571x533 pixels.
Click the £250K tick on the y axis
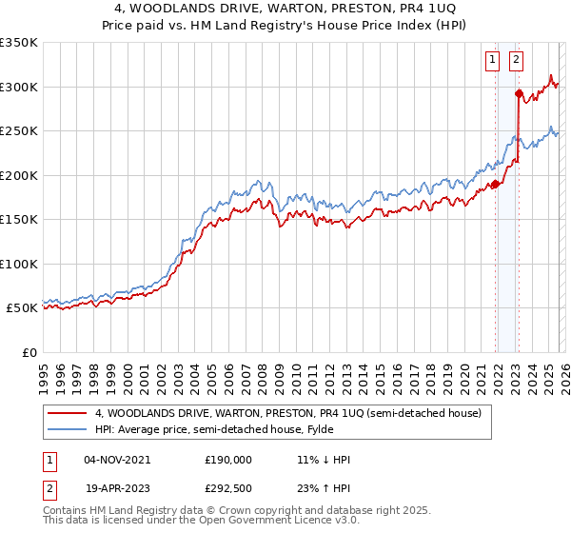[19, 130]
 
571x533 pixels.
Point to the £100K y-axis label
[19, 264]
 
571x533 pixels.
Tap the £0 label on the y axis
[29, 352]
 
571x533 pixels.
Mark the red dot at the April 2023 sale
[519, 93]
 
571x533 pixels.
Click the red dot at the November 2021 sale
[495, 184]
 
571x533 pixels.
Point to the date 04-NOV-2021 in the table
[117, 460]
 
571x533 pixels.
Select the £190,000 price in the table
[228, 460]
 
